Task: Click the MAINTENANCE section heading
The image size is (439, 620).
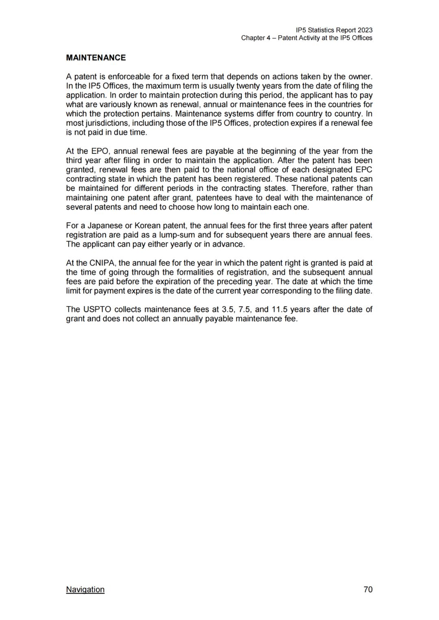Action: (x=96, y=58)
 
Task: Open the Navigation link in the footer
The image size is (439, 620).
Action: (x=85, y=590)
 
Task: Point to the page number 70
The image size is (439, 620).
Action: (x=368, y=590)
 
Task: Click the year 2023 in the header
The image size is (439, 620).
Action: (x=365, y=30)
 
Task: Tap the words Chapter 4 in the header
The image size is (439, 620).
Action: (x=256, y=38)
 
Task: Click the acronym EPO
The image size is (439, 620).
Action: (x=100, y=151)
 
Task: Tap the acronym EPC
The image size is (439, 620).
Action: (x=364, y=170)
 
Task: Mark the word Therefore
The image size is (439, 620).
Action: (x=309, y=188)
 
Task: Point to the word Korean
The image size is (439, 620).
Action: (x=148, y=226)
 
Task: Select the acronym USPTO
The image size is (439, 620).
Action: (x=97, y=309)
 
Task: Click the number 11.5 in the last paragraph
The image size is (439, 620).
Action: (x=279, y=309)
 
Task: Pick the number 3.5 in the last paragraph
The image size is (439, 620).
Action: (x=228, y=309)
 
